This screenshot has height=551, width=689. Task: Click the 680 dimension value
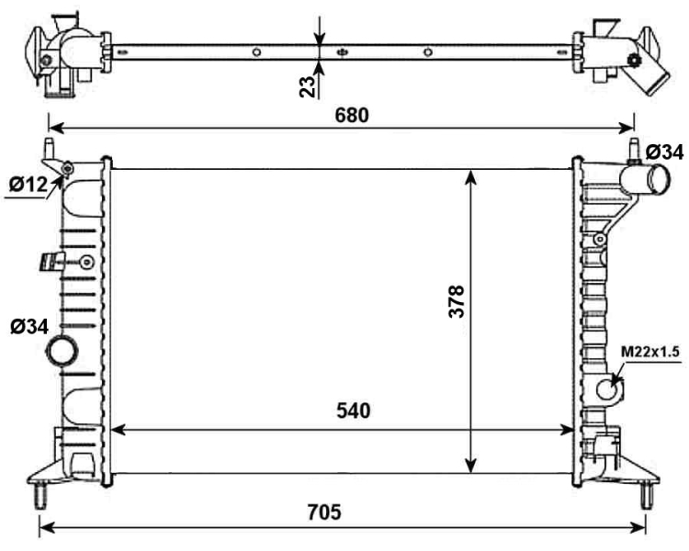coord(352,115)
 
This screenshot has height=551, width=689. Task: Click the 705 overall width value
coord(324,512)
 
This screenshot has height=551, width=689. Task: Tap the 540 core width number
coord(354,410)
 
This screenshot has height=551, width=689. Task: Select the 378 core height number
coord(457,301)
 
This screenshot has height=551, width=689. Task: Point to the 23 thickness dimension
coord(308,86)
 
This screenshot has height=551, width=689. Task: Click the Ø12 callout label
coord(28,185)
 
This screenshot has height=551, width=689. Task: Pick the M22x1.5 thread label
coord(650,352)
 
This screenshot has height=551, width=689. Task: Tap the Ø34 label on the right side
coord(664,152)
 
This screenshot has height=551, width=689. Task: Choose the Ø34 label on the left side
coord(29,327)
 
